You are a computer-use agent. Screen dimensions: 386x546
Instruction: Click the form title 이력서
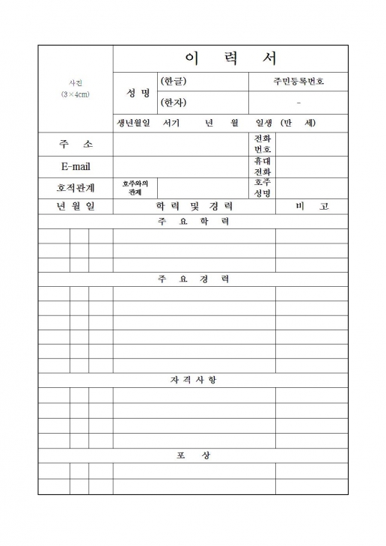coord(230,58)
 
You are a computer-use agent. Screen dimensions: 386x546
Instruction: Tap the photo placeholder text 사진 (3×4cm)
coord(76,90)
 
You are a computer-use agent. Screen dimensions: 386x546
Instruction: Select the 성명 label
coord(135,93)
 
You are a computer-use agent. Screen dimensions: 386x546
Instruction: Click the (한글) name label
coord(174,82)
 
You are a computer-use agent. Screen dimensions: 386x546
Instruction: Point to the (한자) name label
coord(174,103)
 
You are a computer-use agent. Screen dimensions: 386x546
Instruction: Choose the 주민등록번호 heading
coord(298,82)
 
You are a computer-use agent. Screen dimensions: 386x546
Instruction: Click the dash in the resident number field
coord(298,103)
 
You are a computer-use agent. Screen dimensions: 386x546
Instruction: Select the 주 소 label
coord(76,144)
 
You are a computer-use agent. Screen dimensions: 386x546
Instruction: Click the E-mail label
coord(76,166)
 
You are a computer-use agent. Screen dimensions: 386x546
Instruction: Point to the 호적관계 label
coord(76,187)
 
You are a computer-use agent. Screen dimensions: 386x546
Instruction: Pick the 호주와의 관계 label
coord(135,187)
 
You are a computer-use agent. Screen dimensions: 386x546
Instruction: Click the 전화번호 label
coord(263,144)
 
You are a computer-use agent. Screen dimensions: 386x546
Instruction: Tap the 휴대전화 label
coord(263,166)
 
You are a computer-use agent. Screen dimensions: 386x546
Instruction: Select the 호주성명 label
coord(263,187)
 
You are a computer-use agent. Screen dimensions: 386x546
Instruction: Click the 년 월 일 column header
coord(76,206)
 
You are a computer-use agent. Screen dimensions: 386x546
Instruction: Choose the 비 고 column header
coord(312,206)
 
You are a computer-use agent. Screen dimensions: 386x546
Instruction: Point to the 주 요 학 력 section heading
coord(194,222)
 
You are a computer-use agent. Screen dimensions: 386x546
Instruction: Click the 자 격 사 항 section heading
coord(194,380)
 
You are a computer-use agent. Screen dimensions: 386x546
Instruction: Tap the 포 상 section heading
coord(194,455)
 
